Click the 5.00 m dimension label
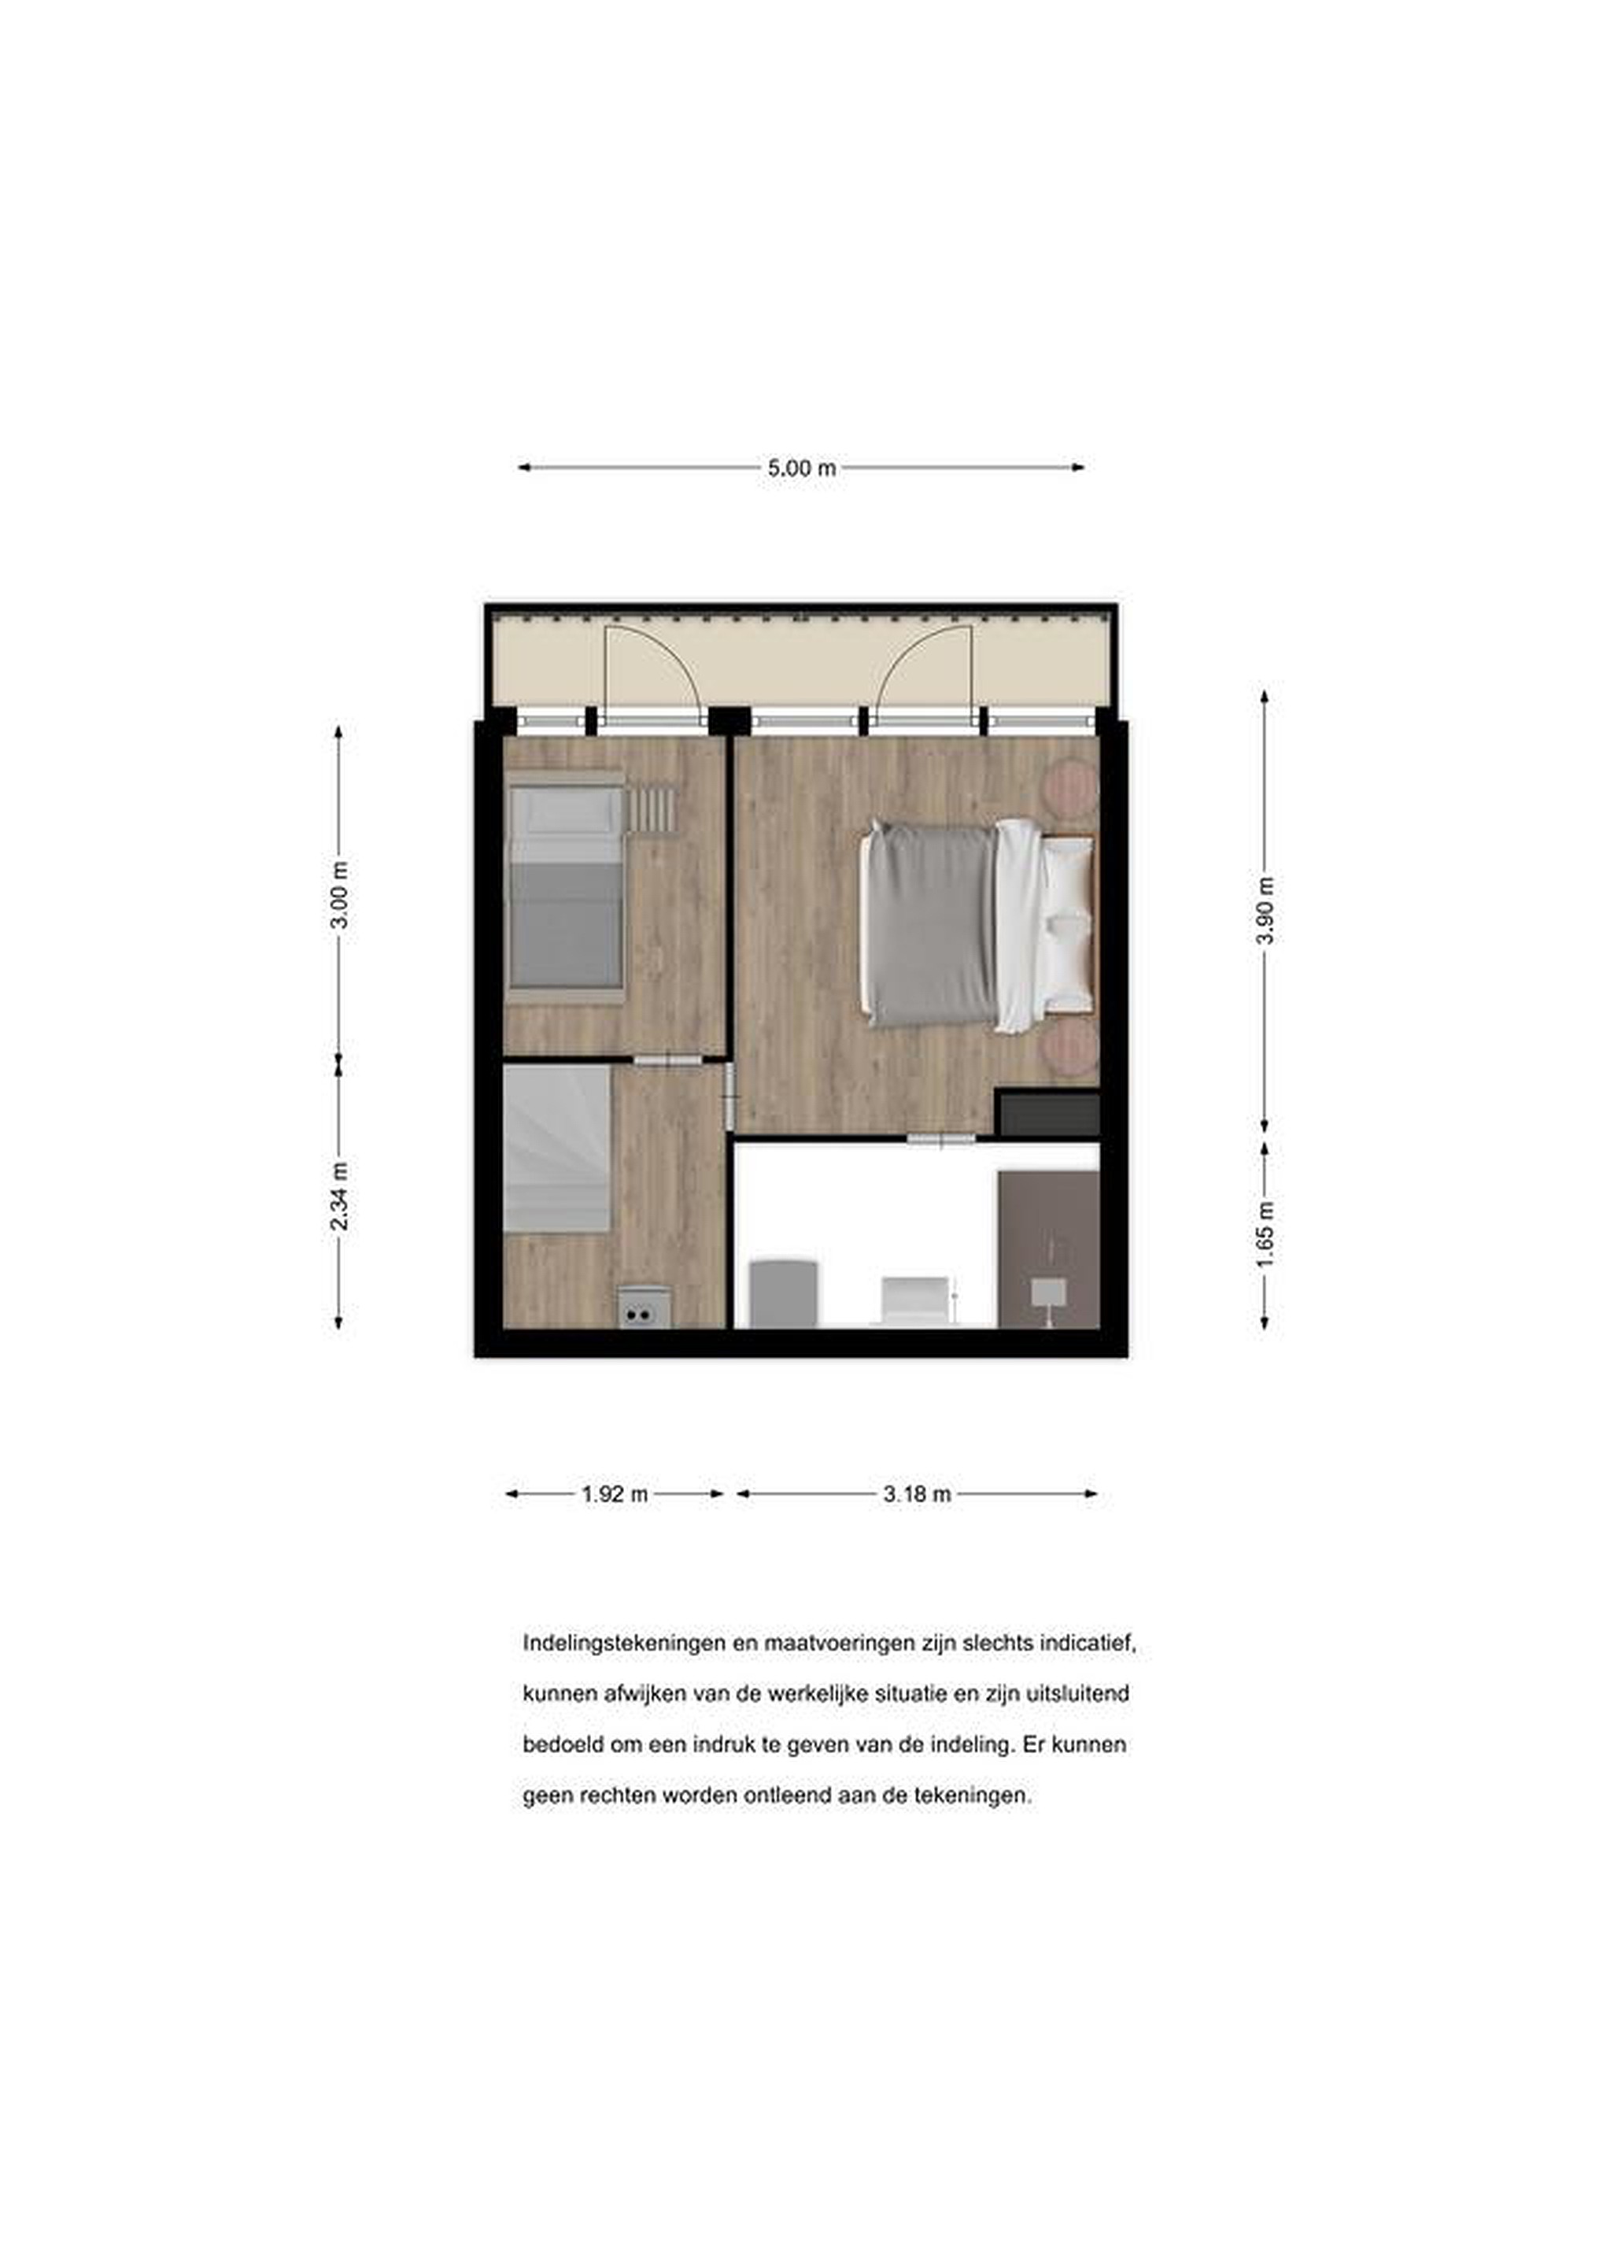click(801, 468)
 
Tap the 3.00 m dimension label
click(339, 894)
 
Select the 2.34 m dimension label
click(339, 1196)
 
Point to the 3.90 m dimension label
click(1265, 909)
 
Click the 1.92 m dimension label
click(615, 1494)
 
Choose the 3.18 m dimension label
click(917, 1494)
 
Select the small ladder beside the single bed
click(651, 808)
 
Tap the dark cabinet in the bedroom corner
click(1047, 1113)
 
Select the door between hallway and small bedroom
click(667, 1060)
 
